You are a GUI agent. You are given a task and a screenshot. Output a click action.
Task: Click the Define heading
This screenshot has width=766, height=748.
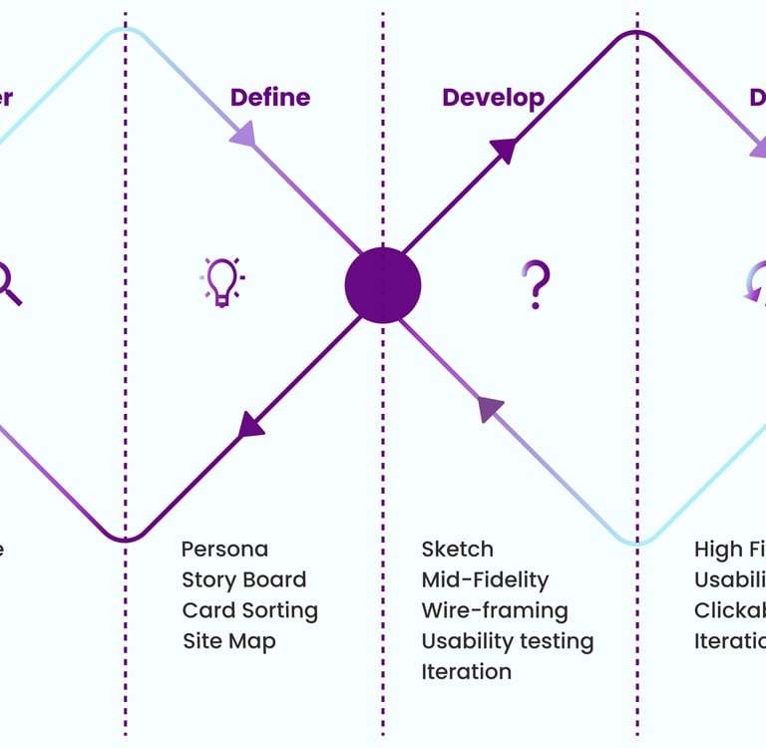(269, 98)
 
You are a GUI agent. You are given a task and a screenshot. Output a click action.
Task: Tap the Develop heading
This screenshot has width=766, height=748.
(493, 98)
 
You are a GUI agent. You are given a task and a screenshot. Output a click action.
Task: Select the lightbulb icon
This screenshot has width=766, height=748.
(221, 281)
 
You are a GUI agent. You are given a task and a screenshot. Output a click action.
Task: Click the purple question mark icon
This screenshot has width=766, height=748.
(537, 283)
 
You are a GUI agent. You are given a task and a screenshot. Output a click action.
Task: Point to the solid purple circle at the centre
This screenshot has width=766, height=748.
(383, 285)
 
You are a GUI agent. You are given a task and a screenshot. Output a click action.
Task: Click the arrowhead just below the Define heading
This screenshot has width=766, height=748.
(244, 134)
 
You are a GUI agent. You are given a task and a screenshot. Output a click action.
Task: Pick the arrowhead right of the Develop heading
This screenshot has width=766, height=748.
(504, 150)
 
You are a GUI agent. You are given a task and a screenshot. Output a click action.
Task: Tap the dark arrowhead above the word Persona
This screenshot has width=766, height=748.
(251, 425)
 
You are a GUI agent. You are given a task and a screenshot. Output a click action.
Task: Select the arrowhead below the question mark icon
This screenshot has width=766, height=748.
(490, 409)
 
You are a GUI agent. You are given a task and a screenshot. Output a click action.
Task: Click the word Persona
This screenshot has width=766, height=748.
(224, 550)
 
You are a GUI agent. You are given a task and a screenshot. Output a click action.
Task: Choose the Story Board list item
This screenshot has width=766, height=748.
(243, 580)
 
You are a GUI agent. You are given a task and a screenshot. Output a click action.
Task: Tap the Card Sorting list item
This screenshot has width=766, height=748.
(249, 610)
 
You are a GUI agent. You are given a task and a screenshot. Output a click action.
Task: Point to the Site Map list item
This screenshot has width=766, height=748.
(228, 641)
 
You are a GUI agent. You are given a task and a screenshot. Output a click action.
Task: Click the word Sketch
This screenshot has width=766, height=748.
(457, 550)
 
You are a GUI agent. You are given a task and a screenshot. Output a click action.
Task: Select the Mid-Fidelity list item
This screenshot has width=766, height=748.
(485, 580)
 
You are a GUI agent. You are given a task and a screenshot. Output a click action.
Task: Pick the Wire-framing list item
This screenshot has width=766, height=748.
(494, 610)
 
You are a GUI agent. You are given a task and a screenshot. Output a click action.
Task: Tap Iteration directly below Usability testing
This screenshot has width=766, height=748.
(466, 672)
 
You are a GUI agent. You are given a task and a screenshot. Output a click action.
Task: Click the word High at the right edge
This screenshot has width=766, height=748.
(718, 550)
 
